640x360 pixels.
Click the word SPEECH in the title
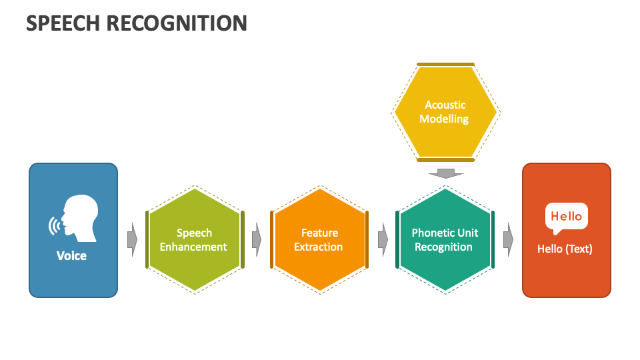pos(63,23)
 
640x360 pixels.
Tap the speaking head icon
pos(79,218)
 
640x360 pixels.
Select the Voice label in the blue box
pos(71,255)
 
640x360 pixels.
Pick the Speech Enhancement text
pos(193,240)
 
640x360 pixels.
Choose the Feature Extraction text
pos(319,240)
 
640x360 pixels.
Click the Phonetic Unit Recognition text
pos(444,240)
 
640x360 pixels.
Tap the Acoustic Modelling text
pos(445,112)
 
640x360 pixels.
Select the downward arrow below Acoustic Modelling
pos(445,173)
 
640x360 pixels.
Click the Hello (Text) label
pos(565,249)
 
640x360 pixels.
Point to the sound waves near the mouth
pos(53,225)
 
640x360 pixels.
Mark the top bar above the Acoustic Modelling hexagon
pos(445,65)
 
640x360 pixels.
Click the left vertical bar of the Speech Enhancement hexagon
pos(147,239)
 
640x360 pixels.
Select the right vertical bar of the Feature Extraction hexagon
pos(367,239)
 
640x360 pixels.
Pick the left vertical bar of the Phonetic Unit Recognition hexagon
pos(397,239)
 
